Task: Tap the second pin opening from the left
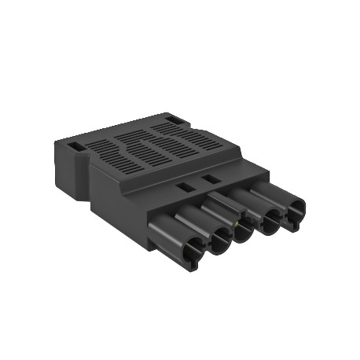(219, 245)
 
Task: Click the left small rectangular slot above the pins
(186, 188)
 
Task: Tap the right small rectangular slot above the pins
(211, 180)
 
